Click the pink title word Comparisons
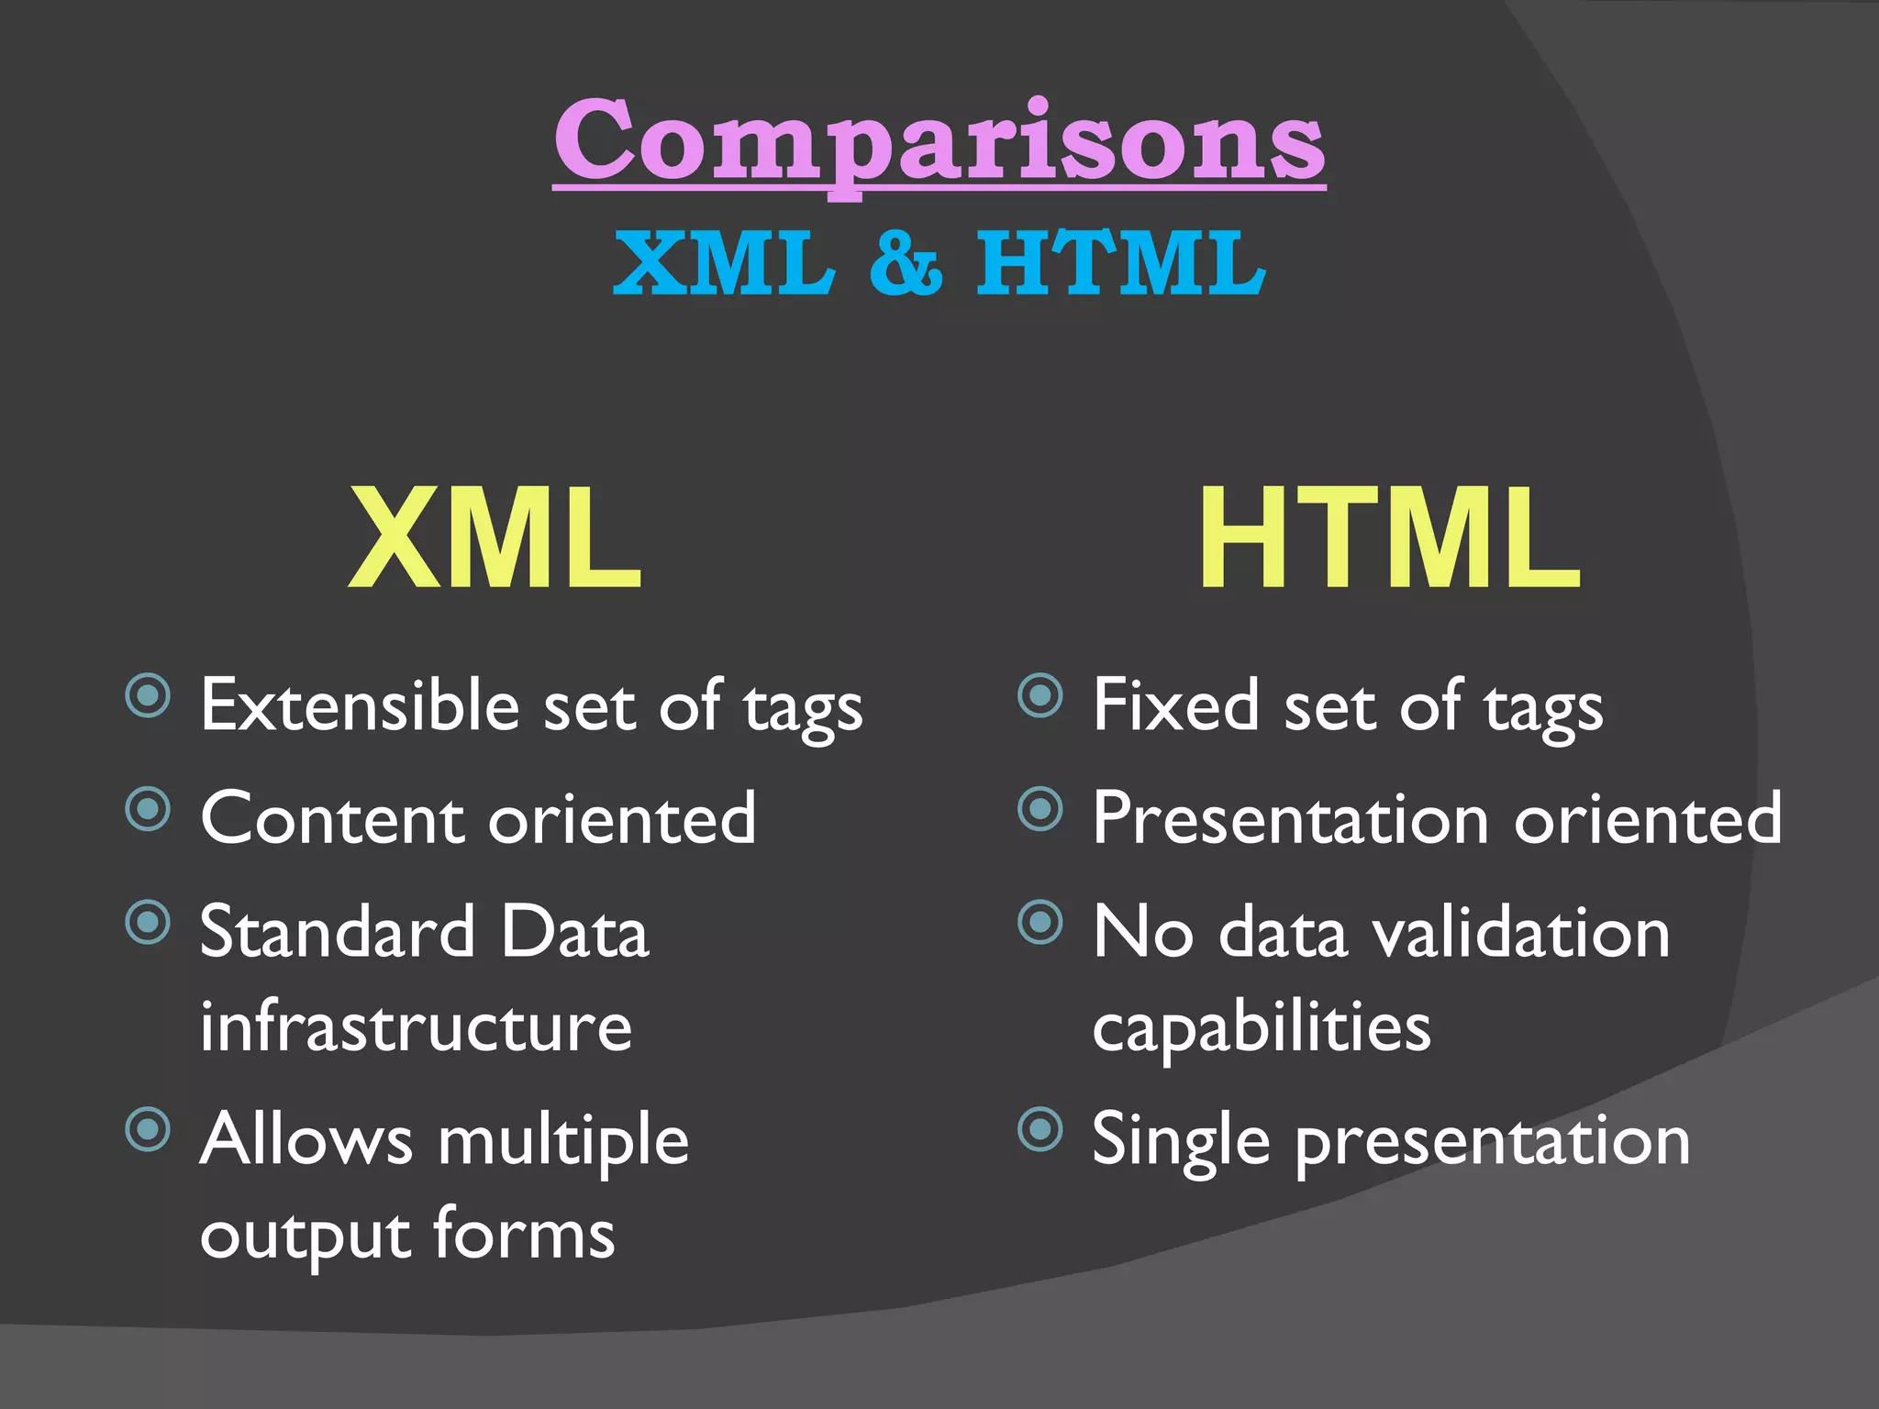tap(939, 142)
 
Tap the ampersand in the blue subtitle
tap(906, 263)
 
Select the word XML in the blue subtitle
tap(725, 263)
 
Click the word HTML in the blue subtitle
tap(1120, 263)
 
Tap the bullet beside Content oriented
tap(149, 809)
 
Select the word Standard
tap(337, 931)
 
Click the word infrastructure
tap(416, 1026)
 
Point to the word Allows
tap(306, 1140)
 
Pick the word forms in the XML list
tap(524, 1234)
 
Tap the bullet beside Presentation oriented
tap(1040, 809)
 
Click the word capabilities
tap(1262, 1028)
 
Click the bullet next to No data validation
tap(1040, 922)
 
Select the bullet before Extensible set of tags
tap(149, 695)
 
